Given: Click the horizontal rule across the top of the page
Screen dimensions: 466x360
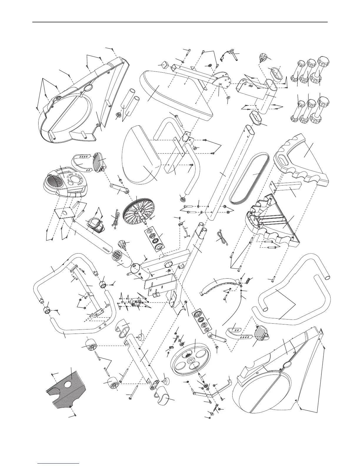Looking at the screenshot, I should pyautogui.click(x=179, y=22).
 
